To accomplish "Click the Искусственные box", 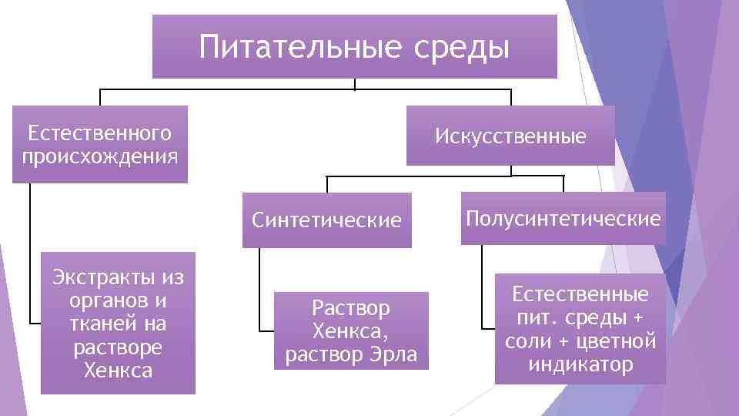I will click(510, 136).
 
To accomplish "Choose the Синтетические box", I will click(326, 220).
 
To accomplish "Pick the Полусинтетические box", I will click(563, 219).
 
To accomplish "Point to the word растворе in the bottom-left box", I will click(118, 347).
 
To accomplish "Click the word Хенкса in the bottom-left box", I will click(118, 371).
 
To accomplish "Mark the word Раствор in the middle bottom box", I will click(351, 309).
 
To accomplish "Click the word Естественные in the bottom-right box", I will click(580, 295).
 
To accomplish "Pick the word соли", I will click(527, 341).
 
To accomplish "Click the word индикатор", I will click(580, 364).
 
